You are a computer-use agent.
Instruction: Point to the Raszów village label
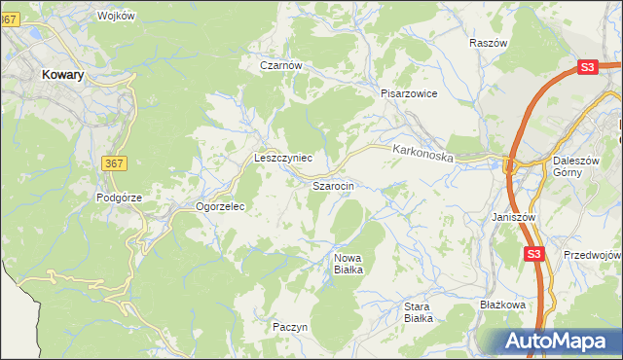(489, 44)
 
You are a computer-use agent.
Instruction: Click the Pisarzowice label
(409, 93)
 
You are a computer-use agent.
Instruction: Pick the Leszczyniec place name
(282, 157)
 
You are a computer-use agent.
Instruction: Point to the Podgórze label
(120, 197)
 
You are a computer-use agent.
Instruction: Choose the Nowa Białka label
(348, 264)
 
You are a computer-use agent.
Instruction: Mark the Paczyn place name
(290, 327)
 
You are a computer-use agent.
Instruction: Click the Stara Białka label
(419, 311)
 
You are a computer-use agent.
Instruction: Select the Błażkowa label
(503, 305)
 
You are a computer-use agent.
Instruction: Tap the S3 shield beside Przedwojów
(532, 254)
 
